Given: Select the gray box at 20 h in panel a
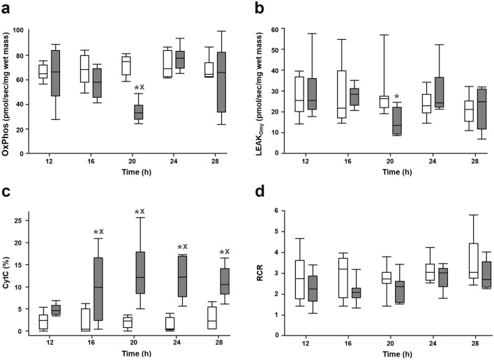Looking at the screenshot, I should tap(138, 112).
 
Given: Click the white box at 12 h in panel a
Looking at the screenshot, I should tap(43, 71).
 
